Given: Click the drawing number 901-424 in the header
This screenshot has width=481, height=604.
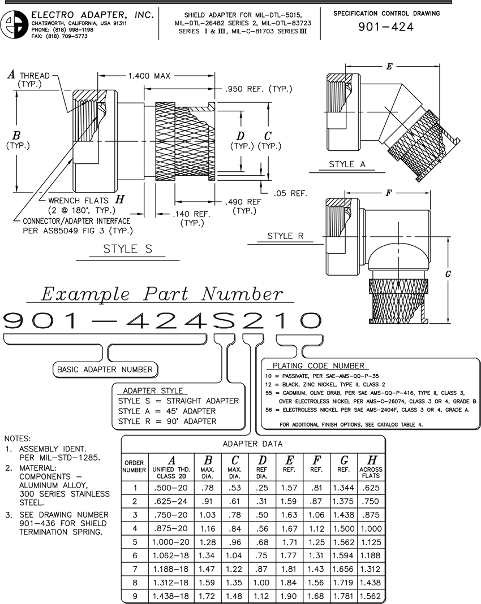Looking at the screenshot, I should pos(386,27).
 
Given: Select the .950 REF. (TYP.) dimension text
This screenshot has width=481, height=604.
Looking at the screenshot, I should pos(258,89).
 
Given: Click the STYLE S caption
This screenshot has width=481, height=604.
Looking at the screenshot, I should pos(127,249).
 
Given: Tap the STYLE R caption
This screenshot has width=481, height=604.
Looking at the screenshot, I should pos(286,236).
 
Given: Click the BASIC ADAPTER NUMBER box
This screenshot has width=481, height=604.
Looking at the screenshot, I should pos(105,370).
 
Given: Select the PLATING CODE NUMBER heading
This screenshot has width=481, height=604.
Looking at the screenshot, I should pos(318,366).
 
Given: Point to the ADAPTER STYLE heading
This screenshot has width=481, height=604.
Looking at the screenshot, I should pos(149,390).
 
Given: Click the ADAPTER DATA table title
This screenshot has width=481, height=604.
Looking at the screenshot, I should pos(252,444).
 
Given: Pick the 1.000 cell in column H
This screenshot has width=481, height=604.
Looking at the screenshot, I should pos(371,528).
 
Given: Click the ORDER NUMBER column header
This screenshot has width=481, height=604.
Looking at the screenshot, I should pos(135,466).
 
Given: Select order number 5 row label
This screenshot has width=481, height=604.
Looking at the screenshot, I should pos(135,541).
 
